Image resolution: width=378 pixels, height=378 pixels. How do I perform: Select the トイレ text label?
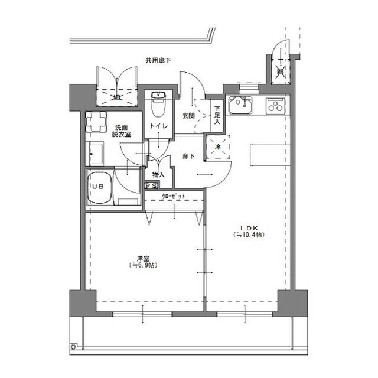158,126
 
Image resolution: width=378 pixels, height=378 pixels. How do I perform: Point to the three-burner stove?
275,105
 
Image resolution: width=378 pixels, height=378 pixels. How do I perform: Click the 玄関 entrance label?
188,116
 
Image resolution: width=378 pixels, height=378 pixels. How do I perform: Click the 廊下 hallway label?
188,157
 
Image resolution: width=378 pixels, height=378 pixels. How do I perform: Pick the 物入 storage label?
158,175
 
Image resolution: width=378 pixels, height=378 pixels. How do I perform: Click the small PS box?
151,185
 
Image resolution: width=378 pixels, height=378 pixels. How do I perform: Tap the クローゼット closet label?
173,196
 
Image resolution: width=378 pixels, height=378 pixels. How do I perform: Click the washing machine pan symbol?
96,123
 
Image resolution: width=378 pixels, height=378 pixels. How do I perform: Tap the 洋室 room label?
142,258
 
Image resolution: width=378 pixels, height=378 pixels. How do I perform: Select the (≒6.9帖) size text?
142,266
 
